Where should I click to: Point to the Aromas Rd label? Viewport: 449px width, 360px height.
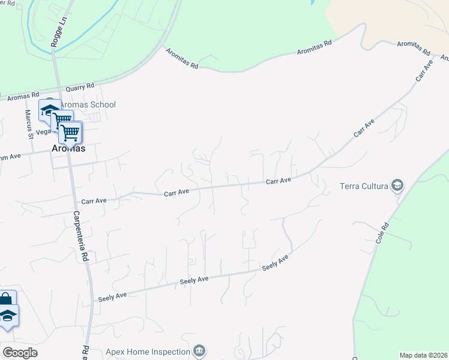tap(27, 95)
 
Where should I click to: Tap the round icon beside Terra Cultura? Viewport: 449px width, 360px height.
tap(397, 185)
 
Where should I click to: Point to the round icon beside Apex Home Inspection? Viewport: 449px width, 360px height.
tap(200, 351)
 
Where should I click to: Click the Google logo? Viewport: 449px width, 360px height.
tap(20, 353)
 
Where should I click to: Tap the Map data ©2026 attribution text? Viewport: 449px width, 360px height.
tap(423, 355)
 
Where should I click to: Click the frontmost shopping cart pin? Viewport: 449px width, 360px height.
tap(70, 132)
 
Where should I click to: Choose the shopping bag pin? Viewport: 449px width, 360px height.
tap(6, 300)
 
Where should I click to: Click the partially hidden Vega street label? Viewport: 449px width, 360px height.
tap(43, 131)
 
